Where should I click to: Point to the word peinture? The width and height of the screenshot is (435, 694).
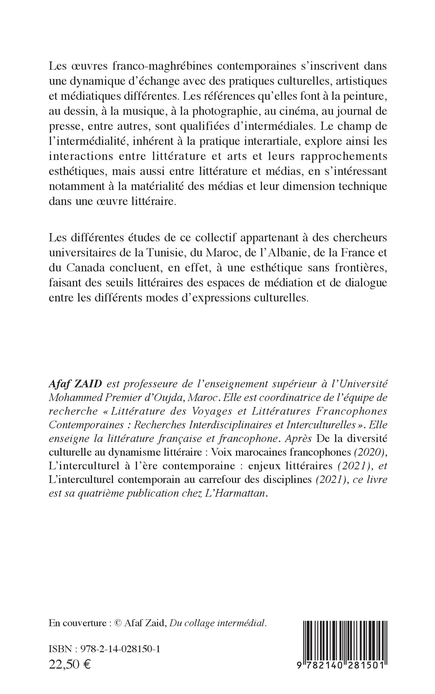pyautogui.click(x=363, y=96)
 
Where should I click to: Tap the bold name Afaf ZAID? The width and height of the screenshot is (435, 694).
pyautogui.click(x=76, y=384)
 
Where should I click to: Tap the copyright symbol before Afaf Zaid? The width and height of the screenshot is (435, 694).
pyautogui.click(x=118, y=623)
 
